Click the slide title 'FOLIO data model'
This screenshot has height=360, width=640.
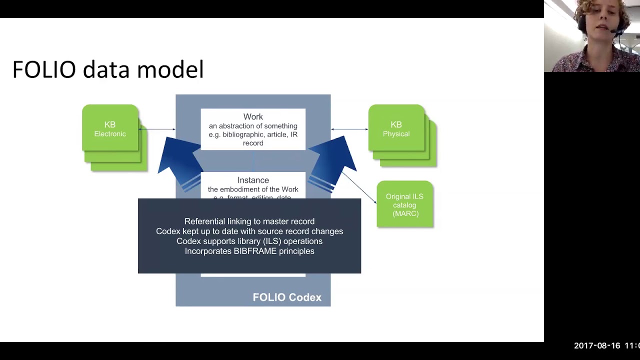point(107,69)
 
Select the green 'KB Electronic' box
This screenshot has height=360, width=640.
point(110,128)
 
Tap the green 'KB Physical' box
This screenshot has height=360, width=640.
point(396,128)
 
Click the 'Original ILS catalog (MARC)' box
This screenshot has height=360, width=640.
point(404,204)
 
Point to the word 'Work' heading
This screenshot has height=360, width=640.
point(253,117)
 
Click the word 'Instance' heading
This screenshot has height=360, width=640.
point(253,180)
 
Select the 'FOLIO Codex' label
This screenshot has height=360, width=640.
point(287,297)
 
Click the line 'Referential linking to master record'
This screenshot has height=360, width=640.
point(249,221)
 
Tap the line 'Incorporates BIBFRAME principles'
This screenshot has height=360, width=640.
point(249,251)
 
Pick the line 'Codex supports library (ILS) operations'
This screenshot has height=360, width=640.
point(249,241)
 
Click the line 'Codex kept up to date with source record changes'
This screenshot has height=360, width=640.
point(249,231)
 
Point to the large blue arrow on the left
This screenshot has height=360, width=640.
point(179,160)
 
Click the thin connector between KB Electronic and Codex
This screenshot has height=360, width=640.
point(157,129)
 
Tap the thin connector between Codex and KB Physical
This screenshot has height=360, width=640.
point(349,129)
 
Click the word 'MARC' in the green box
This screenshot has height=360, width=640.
point(405,213)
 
